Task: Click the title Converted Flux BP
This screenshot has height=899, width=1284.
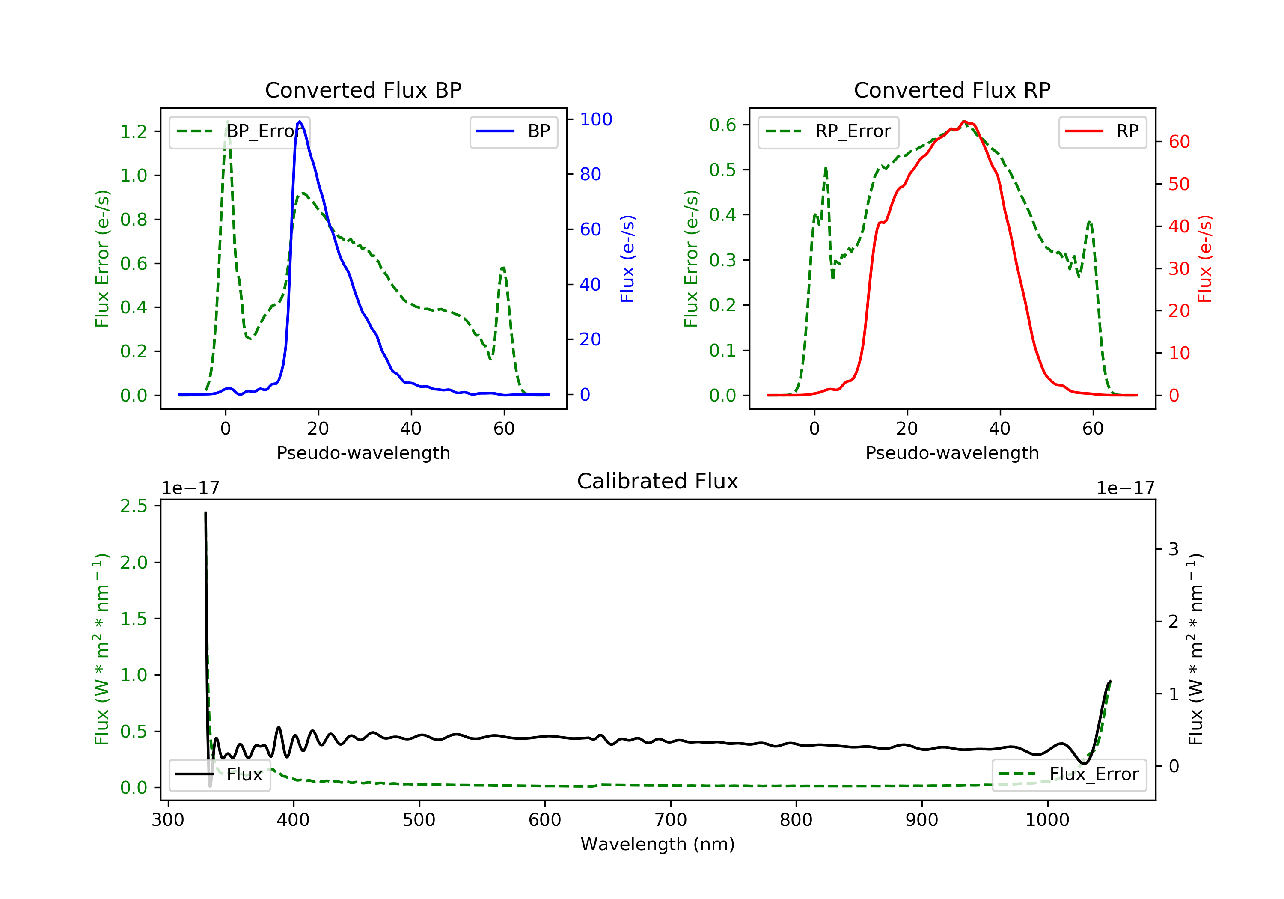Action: tap(363, 90)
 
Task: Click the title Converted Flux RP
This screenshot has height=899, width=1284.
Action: tap(952, 90)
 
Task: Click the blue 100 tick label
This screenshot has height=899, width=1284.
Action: tap(596, 119)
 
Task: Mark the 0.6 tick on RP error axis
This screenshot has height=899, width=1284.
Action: tap(722, 125)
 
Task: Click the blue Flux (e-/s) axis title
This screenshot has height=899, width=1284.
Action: tap(627, 259)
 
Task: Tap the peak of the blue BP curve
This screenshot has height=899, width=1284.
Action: tap(300, 122)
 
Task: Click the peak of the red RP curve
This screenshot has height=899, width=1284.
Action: tap(964, 122)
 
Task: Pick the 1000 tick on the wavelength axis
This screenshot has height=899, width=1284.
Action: tap(1047, 820)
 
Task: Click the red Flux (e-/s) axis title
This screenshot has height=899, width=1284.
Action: tap(1204, 259)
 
